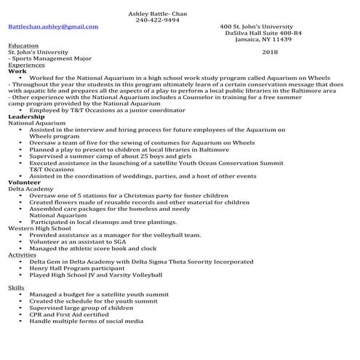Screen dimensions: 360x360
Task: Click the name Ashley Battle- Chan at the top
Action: coord(158,13)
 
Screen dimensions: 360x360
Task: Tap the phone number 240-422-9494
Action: coord(158,20)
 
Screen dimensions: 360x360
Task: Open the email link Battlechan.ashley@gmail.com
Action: coord(52,26)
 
